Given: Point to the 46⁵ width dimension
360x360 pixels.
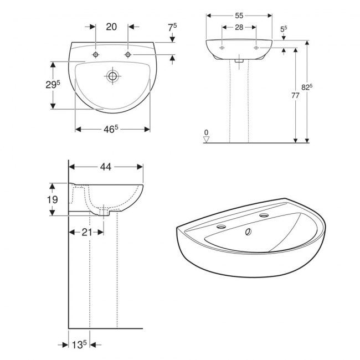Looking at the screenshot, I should tap(112, 129).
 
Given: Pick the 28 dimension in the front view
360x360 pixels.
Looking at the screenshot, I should tap(239, 27).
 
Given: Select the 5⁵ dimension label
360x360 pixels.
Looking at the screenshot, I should tap(284, 28).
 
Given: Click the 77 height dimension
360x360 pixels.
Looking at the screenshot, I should tap(295, 95).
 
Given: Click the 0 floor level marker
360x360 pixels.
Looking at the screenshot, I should tap(207, 133).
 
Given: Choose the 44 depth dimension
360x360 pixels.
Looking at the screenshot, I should tap(106, 166).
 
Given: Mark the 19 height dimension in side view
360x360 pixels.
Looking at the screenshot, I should tap(53, 200).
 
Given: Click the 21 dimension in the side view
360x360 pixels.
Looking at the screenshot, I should tap(86, 232).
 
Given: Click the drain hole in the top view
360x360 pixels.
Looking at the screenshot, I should tap(112, 76).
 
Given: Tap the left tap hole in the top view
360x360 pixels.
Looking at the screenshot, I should tap(96, 55).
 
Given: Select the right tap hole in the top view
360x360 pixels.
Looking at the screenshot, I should tap(128, 55).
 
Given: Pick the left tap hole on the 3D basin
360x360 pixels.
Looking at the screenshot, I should tap(223, 227).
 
